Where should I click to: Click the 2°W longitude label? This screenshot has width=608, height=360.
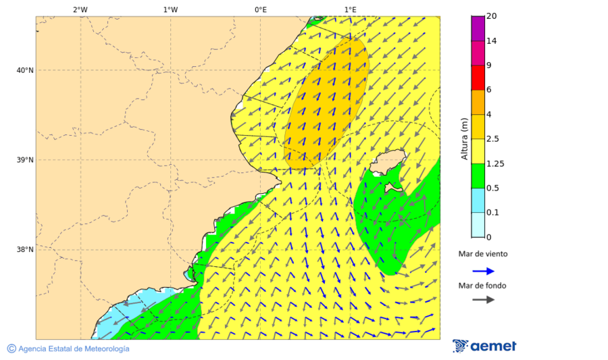80,9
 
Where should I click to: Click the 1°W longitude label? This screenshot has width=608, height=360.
170,9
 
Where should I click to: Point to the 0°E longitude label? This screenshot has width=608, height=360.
260,9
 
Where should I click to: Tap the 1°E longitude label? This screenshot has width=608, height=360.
350,9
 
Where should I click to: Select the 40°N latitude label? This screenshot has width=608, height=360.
24,70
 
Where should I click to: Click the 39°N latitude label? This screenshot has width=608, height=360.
24,160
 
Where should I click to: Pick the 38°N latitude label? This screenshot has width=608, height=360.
24,250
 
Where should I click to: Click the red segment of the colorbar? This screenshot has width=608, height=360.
478,77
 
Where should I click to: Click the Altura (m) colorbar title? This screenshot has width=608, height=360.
464,138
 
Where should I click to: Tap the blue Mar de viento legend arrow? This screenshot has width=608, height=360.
483,271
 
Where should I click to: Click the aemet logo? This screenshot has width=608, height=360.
484,346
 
